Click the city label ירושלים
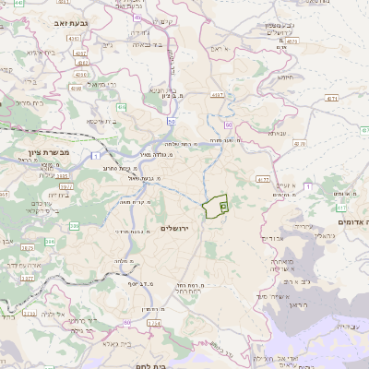point(180,227)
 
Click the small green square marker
point(223,208)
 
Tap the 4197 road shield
point(220,94)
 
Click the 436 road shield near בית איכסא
point(122,107)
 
